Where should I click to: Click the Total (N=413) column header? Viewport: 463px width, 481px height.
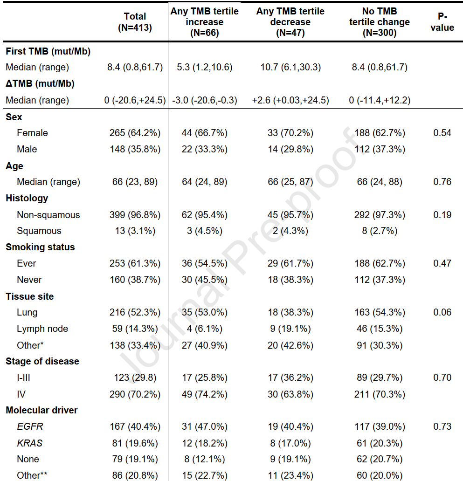[x=135, y=22]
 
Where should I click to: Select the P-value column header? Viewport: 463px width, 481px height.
[x=442, y=22]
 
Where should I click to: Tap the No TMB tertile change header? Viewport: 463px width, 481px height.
[x=380, y=22]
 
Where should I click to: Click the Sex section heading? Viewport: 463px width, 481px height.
[x=14, y=117]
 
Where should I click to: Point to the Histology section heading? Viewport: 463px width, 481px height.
[x=27, y=198]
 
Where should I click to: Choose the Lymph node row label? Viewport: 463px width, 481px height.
[x=42, y=329]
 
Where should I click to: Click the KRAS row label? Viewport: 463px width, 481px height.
[x=29, y=443]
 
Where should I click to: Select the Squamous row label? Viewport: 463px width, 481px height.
[x=39, y=231]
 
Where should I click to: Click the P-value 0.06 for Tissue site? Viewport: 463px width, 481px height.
[x=442, y=312]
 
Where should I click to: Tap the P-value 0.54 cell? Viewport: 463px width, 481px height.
[x=442, y=133]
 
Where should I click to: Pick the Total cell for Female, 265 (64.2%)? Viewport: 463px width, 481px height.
[x=135, y=133]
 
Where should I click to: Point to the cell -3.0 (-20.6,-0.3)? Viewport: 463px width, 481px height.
[x=205, y=100]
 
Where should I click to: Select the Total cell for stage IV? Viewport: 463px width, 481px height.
[x=135, y=394]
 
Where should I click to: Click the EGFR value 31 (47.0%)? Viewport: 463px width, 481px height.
[x=205, y=426]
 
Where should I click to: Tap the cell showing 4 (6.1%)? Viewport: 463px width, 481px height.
[x=205, y=329]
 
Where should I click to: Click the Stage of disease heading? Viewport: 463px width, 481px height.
[x=42, y=361]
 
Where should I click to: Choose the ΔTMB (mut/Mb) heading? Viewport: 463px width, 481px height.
[x=40, y=84]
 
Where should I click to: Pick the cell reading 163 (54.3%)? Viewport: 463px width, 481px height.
[x=380, y=312]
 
